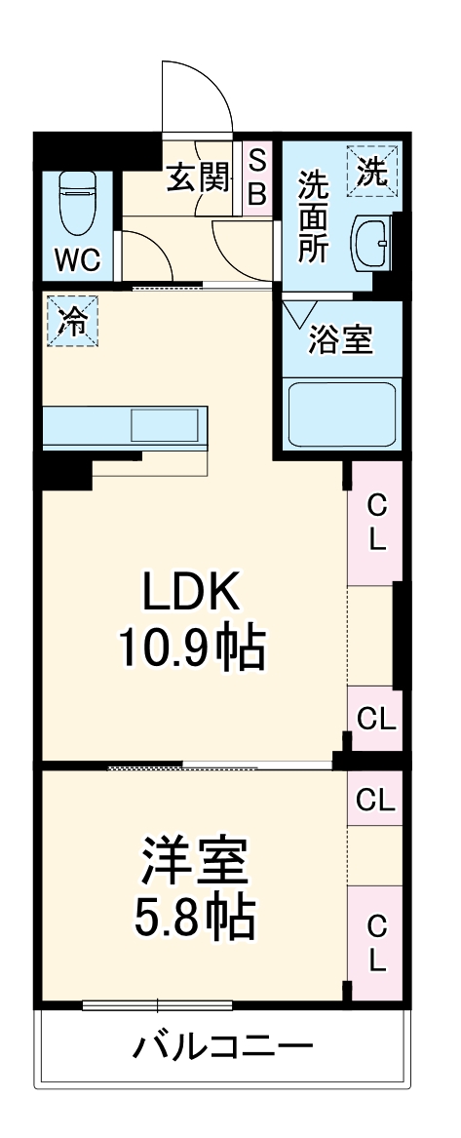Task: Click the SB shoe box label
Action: coord(256,177)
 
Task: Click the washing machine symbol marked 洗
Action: coord(372,172)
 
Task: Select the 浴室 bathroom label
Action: coord(340,340)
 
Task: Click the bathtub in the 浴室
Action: coord(340,414)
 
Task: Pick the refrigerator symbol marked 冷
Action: coord(72,322)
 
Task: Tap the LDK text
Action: coord(191,592)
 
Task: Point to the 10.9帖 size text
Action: coord(191,647)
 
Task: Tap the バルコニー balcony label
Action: coord(223,1049)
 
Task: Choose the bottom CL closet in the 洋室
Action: coord(375,942)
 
